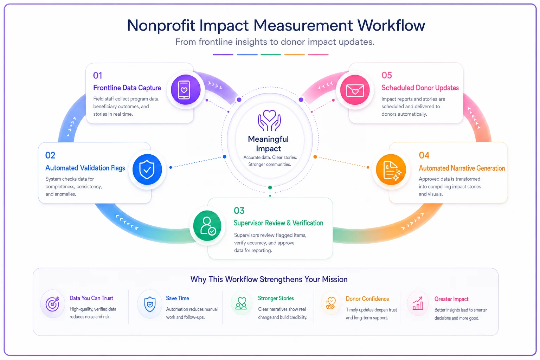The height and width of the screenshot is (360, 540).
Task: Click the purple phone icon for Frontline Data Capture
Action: point(186,90)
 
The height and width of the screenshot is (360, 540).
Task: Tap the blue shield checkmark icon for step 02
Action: point(147,169)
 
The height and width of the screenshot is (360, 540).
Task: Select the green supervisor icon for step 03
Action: point(207,226)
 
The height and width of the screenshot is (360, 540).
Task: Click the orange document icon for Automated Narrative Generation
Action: point(391,169)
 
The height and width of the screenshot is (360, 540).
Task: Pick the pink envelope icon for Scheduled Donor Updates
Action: point(355,90)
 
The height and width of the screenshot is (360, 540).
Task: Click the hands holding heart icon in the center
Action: point(269,120)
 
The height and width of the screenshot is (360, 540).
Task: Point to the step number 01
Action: point(98,76)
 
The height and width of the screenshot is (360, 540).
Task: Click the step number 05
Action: point(387,75)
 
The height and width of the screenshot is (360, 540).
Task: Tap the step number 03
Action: point(239,211)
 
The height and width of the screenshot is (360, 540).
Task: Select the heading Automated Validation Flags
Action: point(85,168)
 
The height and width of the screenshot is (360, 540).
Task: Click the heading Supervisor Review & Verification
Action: point(278,223)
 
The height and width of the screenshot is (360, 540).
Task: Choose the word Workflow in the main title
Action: point(391,25)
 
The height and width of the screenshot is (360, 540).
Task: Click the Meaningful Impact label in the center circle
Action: point(268,144)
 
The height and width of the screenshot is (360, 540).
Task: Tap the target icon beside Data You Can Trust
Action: point(52,304)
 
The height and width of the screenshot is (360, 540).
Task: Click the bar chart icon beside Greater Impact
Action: point(418,303)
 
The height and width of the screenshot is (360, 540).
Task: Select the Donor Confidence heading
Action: point(367,299)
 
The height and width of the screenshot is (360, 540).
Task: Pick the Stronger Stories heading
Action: point(276,298)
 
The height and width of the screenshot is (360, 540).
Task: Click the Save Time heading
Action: point(178,298)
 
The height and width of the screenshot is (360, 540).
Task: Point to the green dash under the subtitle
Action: point(271,55)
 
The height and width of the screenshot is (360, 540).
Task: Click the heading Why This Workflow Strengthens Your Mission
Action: point(269,279)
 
